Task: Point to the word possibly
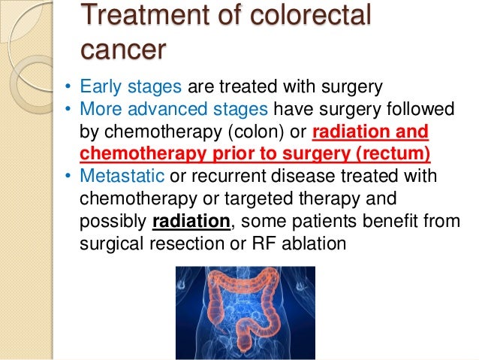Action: tap(113, 222)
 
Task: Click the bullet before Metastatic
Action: tap(67, 178)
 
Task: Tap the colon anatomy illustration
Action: tap(246, 313)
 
